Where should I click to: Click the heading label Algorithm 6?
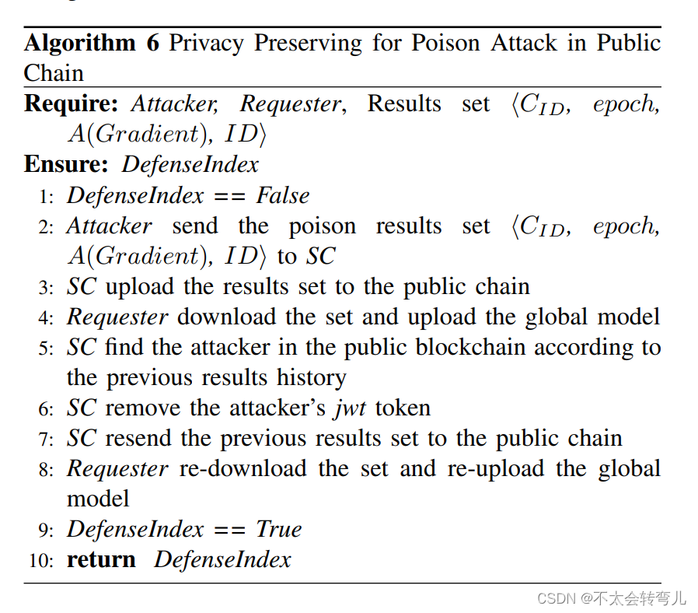tap(92, 42)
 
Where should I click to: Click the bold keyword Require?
tap(74, 103)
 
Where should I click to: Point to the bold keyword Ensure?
tap(68, 164)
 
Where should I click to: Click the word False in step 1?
tap(283, 195)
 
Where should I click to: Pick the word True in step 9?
tap(278, 529)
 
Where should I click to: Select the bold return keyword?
tap(101, 559)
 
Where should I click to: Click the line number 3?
tap(45, 288)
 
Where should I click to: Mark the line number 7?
tap(45, 440)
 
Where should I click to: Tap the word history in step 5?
tap(312, 378)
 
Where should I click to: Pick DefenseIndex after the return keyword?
tap(222, 559)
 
